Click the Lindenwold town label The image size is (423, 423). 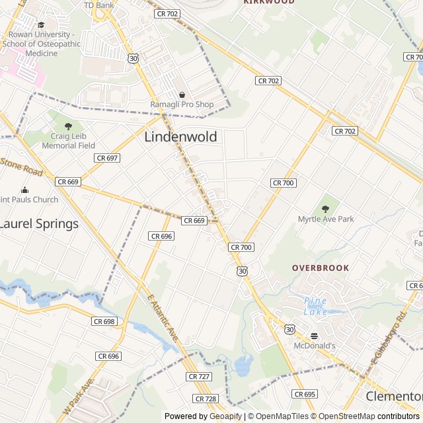tap(180, 137)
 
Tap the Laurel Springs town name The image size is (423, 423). tap(38, 223)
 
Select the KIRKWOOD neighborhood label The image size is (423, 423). tap(268, 3)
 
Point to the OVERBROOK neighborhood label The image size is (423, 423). tap(321, 268)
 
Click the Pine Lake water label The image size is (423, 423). tap(315, 305)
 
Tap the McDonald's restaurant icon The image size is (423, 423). tap(315, 335)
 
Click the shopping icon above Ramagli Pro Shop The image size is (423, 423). tap(182, 95)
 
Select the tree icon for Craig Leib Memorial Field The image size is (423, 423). tap(68, 126)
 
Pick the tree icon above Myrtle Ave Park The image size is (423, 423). tap(325, 209)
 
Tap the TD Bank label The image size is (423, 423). tap(99, 5)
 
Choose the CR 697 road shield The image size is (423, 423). tap(106, 158)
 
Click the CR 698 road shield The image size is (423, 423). tap(104, 321)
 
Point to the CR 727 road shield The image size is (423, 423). tap(199, 376)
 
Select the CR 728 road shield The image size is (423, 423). tap(206, 399)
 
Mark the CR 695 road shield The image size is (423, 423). tap(305, 394)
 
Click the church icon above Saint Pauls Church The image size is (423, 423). tap(25, 190)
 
